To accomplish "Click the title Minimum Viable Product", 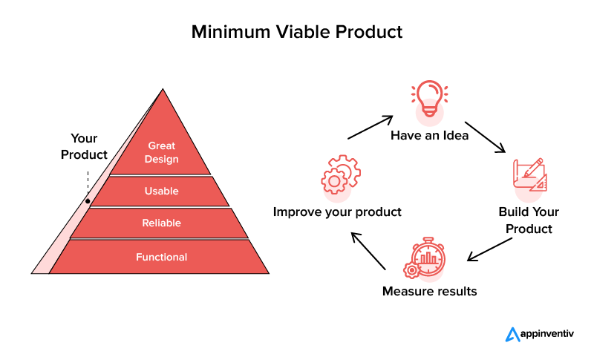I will tap(297, 32).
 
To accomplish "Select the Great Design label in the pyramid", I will tap(162, 152).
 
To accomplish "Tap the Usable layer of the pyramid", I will tap(161, 191).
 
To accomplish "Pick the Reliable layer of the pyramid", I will tap(161, 223).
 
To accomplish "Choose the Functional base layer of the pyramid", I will tap(161, 258).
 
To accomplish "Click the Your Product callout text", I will tap(84, 146).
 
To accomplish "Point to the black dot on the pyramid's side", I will tap(88, 200).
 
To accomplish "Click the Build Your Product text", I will tap(529, 220).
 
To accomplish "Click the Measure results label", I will tap(429, 291).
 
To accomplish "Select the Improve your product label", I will tap(337, 212).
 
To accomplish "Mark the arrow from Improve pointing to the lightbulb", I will tap(369, 127).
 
